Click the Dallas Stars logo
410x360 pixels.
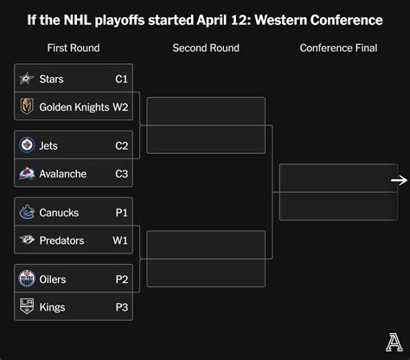coord(27,78)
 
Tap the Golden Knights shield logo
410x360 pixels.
coord(27,106)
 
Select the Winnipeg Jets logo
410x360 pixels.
coord(27,145)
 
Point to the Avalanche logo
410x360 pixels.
coord(27,173)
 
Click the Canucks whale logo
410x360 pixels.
coord(27,212)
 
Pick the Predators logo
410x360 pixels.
coord(27,240)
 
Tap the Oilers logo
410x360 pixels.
coord(27,279)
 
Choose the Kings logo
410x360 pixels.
coord(27,306)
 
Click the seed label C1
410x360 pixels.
coord(121,79)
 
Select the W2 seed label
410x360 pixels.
coord(120,107)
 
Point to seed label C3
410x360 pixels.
coord(121,174)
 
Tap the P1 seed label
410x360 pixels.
coord(122,213)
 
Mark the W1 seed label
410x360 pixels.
coord(120,241)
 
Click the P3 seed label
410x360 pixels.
coord(122,307)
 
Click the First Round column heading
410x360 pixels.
coord(74,48)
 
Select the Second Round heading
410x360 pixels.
coord(206,48)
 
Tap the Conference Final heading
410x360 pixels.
coord(338,48)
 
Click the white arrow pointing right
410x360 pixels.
coord(399,181)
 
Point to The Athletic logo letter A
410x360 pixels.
coord(394,343)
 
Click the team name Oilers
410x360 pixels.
coord(53,280)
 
